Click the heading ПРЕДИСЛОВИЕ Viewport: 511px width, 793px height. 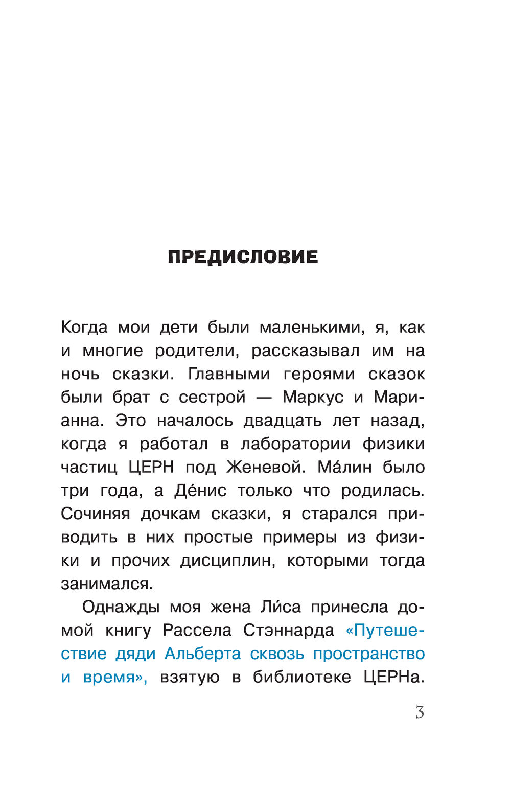pyautogui.click(x=243, y=257)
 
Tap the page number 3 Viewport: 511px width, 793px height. pyautogui.click(x=420, y=712)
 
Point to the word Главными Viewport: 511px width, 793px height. pyautogui.click(x=229, y=374)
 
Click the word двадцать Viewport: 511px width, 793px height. pyautogui.click(x=283, y=421)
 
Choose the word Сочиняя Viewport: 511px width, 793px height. pyautogui.click(x=96, y=514)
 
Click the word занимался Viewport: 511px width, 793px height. pyautogui.click(x=106, y=584)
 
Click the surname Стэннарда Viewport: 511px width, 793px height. pyautogui.click(x=289, y=631)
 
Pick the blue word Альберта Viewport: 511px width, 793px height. pyautogui.click(x=202, y=654)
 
